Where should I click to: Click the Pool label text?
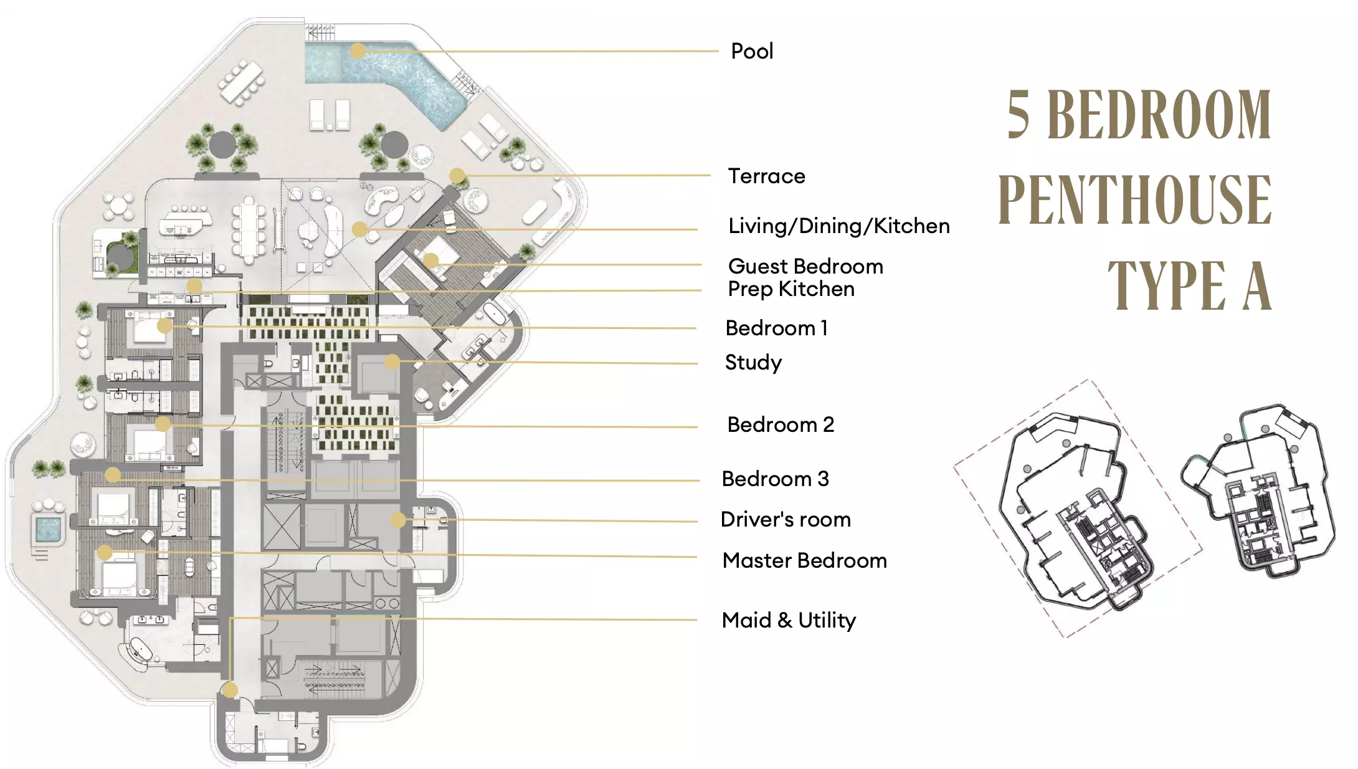pyautogui.click(x=752, y=51)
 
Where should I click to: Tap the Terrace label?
pyautogui.click(x=767, y=176)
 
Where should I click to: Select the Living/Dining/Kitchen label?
pyautogui.click(x=839, y=226)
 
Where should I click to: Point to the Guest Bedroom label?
pyautogui.click(x=805, y=267)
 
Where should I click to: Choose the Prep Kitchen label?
pyautogui.click(x=791, y=289)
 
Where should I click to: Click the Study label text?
pyautogui.click(x=753, y=363)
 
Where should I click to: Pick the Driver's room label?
pyautogui.click(x=786, y=520)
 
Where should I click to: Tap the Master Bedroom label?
pyautogui.click(x=804, y=561)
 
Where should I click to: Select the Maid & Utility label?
pyautogui.click(x=789, y=621)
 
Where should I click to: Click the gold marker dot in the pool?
pyautogui.click(x=358, y=51)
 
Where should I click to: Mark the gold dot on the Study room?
pyautogui.click(x=392, y=361)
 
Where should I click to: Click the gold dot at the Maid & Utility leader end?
pyautogui.click(x=230, y=690)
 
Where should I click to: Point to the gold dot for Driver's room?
pyautogui.click(x=398, y=520)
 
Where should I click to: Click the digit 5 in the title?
pyautogui.click(x=1018, y=115)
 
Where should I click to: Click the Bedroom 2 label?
pyautogui.click(x=781, y=425)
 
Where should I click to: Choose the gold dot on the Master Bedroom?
pyautogui.click(x=105, y=552)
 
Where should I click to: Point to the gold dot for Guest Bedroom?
pyautogui.click(x=430, y=260)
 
